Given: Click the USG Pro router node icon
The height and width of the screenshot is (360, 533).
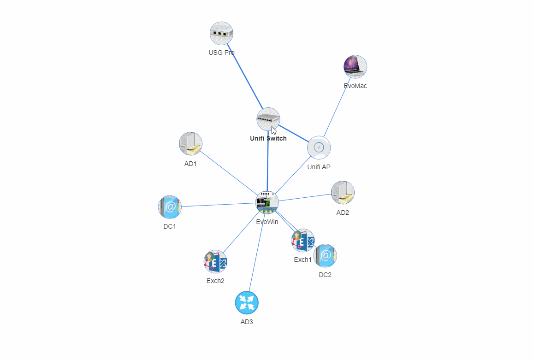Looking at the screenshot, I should [221, 33].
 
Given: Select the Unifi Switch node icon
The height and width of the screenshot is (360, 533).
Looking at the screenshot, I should [268, 119].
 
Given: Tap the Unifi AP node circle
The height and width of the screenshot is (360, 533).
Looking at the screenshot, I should [319, 148].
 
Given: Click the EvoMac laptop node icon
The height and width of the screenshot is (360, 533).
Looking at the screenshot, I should [355, 67].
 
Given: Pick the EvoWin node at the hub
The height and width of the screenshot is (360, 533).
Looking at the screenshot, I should [267, 203].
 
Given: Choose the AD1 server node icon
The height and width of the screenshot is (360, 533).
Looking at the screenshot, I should [190, 144].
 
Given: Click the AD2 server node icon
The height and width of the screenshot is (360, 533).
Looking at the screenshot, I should [343, 193].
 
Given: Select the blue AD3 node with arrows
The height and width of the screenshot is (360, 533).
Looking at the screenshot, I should [247, 303].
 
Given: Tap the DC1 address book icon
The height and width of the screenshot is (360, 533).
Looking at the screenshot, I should [170, 207].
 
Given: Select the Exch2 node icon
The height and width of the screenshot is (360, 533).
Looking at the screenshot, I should [215, 262].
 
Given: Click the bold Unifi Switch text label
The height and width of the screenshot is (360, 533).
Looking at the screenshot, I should [268, 138].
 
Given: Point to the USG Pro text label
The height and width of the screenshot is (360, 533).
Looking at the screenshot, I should [221, 53].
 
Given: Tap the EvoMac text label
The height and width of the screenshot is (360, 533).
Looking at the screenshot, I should [355, 86].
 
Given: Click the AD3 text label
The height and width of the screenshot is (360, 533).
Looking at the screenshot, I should [247, 322].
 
